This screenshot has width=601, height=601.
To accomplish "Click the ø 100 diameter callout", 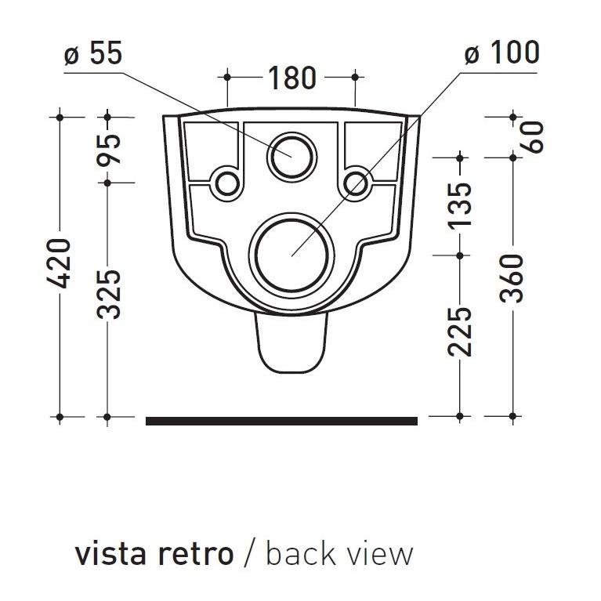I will click(501, 53).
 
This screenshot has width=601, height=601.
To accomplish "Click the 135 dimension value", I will click(460, 205).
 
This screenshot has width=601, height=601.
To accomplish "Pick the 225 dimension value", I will click(460, 331).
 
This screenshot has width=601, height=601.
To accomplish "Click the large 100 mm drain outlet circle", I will click(291, 255).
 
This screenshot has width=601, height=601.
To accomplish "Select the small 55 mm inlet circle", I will click(291, 156).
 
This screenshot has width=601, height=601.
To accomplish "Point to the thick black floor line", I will click(281, 421).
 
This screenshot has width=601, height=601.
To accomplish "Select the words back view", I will click(339, 553).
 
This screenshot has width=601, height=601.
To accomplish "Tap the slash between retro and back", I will click(249, 553).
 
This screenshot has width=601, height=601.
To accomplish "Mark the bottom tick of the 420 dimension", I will click(60, 415).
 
